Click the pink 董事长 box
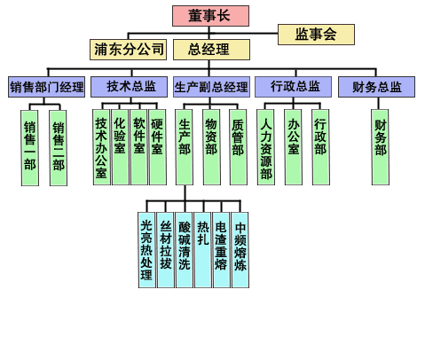(x=210, y=16)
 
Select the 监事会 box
(x=316, y=35)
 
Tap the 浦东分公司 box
(x=129, y=50)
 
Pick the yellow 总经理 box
(x=211, y=50)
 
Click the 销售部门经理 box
(x=46, y=87)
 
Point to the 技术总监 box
(x=129, y=87)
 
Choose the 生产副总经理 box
(x=211, y=87)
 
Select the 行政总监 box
(x=293, y=87)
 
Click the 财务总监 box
(x=376, y=87)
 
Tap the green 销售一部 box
(x=30, y=148)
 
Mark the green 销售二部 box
(x=59, y=148)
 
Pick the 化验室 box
(x=120, y=147)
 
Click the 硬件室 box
(x=158, y=147)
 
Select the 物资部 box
(x=211, y=147)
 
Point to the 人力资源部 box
(x=266, y=147)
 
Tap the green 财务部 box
(x=381, y=147)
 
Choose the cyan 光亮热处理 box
(x=146, y=250)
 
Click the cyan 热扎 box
(x=203, y=250)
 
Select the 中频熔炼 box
(x=240, y=250)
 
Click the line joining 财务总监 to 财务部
(x=378, y=104)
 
